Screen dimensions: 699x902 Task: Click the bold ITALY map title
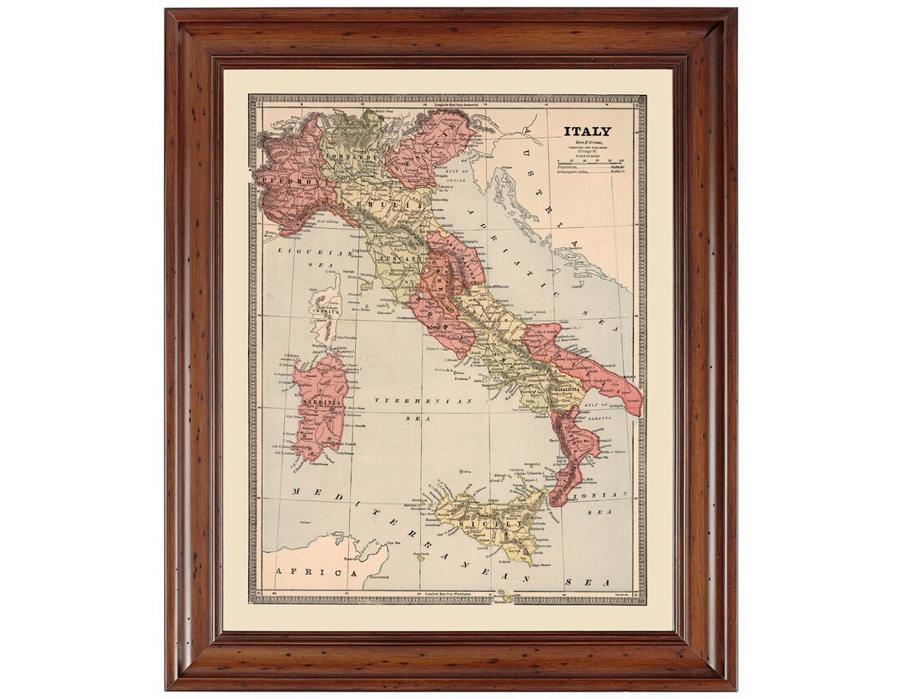click(x=586, y=131)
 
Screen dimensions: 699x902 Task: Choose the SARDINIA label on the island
click(x=317, y=403)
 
